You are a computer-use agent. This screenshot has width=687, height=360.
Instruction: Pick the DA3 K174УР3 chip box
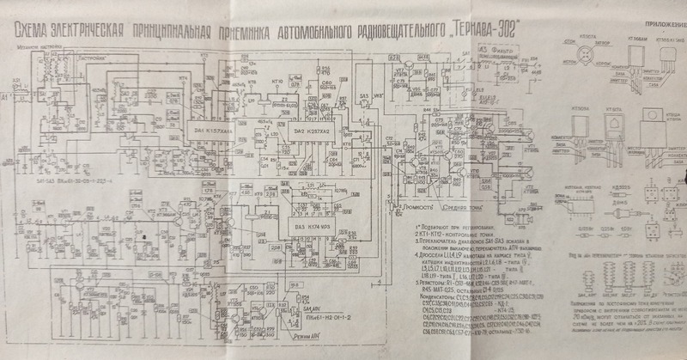click(314, 225)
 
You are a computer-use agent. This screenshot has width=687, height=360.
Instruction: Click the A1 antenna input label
click(6, 101)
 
